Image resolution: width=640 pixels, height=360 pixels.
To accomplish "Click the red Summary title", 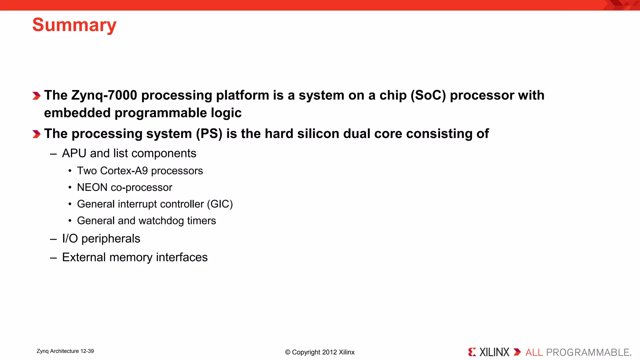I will click(74, 25).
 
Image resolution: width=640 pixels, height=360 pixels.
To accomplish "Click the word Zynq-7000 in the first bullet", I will click(104, 95).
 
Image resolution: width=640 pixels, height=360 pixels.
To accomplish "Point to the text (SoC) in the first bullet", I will click(428, 95).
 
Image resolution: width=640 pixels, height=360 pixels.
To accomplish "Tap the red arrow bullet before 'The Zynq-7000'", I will click(37, 96).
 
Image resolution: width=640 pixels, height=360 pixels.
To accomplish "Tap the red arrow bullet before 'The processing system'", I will click(37, 134).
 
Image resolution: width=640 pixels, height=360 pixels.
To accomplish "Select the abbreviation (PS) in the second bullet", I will click(209, 134).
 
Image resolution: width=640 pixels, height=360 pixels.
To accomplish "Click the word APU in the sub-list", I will click(74, 153).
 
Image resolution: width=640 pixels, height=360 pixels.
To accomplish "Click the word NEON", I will click(92, 187).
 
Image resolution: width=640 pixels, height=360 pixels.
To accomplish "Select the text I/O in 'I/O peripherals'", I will click(70, 239).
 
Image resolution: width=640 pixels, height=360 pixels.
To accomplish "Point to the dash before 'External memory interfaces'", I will click(53, 258).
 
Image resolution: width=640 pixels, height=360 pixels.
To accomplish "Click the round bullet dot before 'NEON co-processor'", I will click(70, 187).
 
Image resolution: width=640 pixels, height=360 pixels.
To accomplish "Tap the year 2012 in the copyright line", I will click(329, 352).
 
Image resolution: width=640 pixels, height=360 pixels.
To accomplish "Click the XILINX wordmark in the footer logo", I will click(494, 352).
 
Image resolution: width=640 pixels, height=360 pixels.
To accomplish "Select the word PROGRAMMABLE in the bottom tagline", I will click(587, 352).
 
